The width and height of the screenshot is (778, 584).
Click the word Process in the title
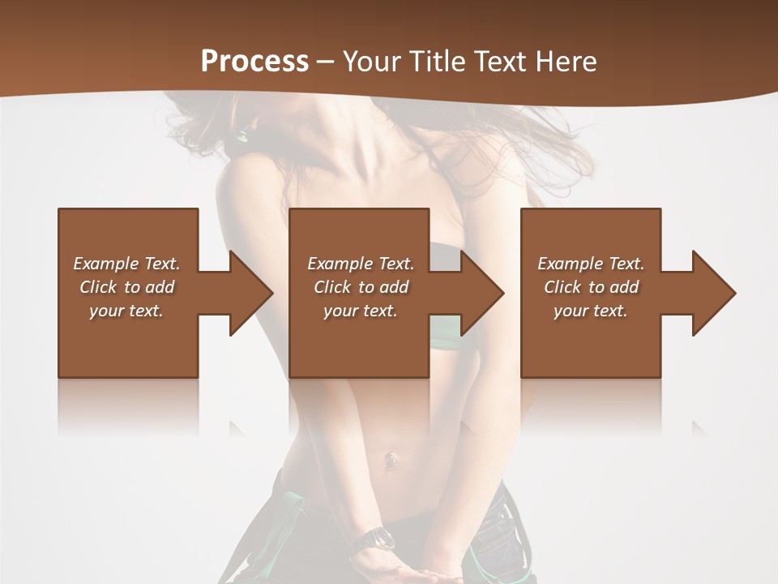click(254, 61)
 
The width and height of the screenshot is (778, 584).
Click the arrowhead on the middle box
click(481, 293)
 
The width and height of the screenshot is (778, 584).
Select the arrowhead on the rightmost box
click(713, 293)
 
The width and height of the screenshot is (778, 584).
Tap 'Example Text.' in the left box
click(126, 264)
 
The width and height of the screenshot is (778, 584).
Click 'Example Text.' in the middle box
click(361, 264)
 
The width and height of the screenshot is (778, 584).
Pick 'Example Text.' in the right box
click(591, 264)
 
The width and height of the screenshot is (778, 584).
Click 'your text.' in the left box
click(126, 311)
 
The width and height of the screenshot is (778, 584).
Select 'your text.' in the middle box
click(361, 311)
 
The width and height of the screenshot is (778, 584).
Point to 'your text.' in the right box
click(591, 311)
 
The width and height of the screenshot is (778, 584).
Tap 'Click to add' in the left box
click(126, 287)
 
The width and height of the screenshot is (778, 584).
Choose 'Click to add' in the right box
click(591, 287)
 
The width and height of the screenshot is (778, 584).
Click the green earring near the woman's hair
click(241, 135)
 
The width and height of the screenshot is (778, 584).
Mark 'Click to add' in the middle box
click(361, 287)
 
